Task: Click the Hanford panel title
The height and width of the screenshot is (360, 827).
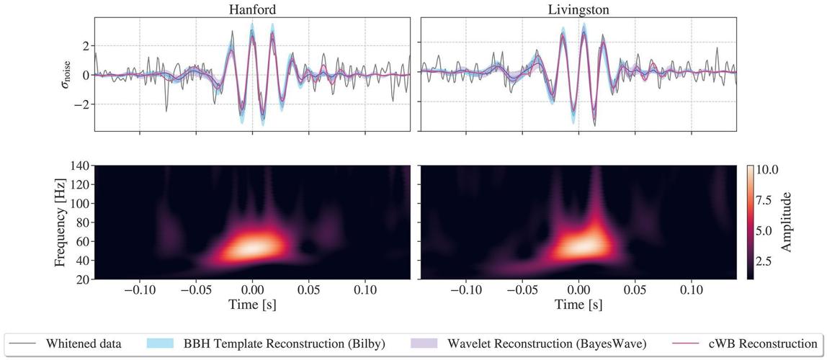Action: coord(252,8)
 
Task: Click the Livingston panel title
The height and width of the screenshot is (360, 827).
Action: coord(578,8)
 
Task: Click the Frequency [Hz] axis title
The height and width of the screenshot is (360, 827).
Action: coord(61,222)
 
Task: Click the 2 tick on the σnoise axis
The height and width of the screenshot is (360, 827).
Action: coord(84,45)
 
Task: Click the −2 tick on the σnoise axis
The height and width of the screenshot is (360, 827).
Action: coord(81,104)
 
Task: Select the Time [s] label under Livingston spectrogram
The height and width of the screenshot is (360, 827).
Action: coord(578,305)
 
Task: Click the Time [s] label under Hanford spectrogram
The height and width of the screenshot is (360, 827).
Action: coord(252,305)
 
